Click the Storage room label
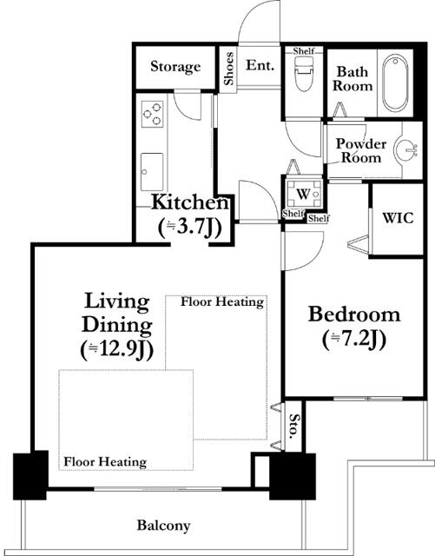point(175,66)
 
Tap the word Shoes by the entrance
point(229,69)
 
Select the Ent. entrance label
point(260,65)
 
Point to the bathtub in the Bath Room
point(395,83)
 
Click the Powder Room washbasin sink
point(408,149)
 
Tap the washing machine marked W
point(304,194)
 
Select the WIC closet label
point(398,217)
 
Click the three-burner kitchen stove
point(153,114)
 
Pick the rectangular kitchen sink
point(152,172)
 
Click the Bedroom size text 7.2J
point(354,340)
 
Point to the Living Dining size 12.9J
point(117,350)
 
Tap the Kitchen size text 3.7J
point(189,228)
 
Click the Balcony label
point(163,526)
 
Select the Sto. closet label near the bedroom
point(293,426)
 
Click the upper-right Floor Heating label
point(222,302)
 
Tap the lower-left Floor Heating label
point(105,462)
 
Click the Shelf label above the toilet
point(304,51)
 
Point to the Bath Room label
point(353,79)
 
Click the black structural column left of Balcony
point(30,475)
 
